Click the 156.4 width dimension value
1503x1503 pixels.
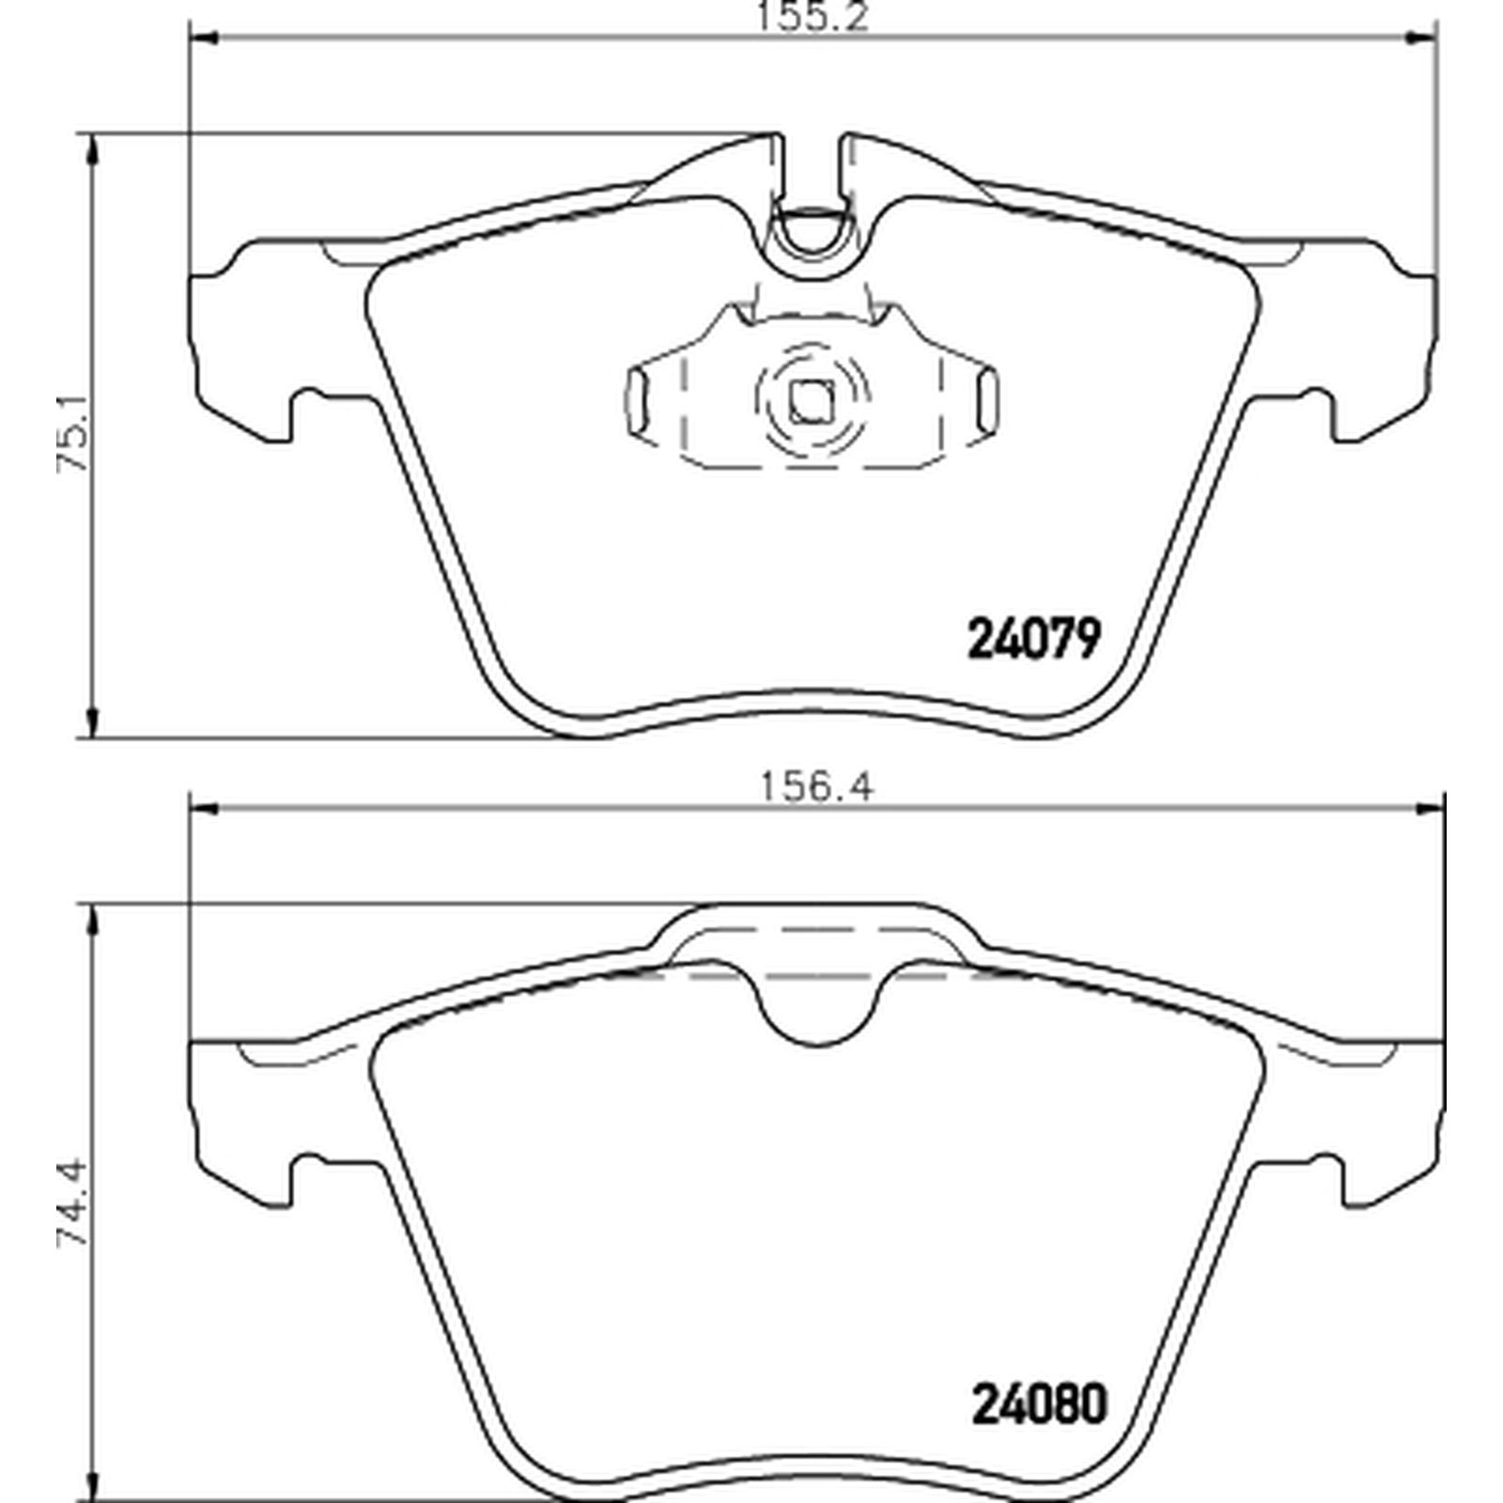(x=814, y=786)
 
